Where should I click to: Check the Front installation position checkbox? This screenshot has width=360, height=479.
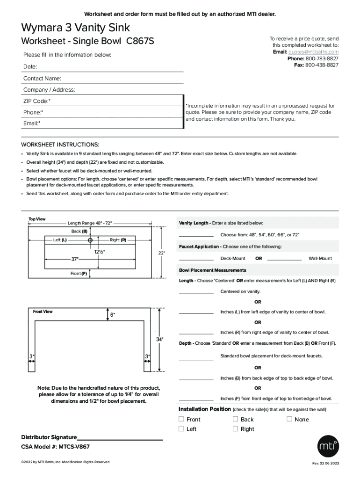pyautogui.click(x=181, y=419)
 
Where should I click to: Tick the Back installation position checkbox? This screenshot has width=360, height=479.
pyautogui.click(x=236, y=419)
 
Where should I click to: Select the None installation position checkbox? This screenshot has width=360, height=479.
pyautogui.click(x=289, y=419)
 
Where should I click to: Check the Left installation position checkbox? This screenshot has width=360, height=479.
pyautogui.click(x=181, y=428)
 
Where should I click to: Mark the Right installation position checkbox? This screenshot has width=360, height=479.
pyautogui.click(x=236, y=428)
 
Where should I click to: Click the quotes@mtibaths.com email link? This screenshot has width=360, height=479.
pyautogui.click(x=313, y=52)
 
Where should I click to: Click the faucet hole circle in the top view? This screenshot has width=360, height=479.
pyautogui.click(x=90, y=240)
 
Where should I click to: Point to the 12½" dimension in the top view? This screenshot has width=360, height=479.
pyautogui.click(x=99, y=252)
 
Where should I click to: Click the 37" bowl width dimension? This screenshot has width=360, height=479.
pyautogui.click(x=75, y=259)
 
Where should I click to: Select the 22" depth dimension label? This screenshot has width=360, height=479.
pyautogui.click(x=161, y=253)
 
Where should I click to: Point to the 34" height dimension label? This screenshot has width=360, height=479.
pyautogui.click(x=159, y=339)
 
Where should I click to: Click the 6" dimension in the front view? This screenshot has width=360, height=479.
pyautogui.click(x=112, y=315)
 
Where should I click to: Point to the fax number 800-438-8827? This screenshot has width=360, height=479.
pyautogui.click(x=322, y=65)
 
